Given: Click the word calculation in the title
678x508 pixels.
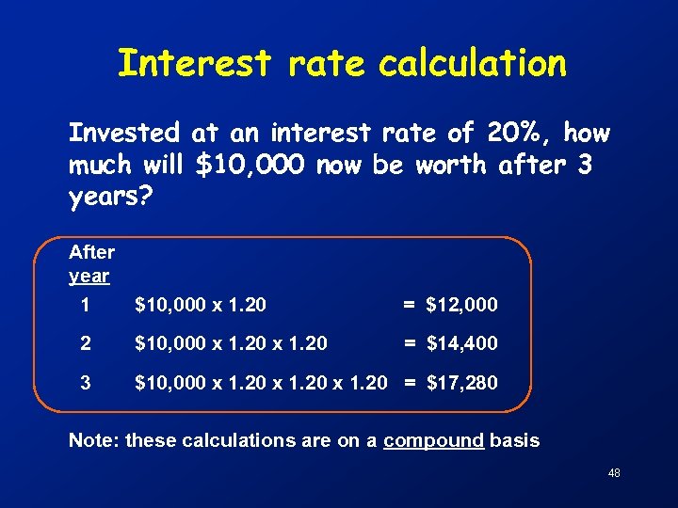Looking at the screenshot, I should (473, 64).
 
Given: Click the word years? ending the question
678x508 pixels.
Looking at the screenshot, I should (106, 197).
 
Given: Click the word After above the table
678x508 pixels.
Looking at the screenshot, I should (91, 252).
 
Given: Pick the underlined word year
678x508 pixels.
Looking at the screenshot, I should (89, 276).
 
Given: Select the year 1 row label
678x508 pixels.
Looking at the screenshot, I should (86, 305).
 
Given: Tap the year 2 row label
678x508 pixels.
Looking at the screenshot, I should (86, 343).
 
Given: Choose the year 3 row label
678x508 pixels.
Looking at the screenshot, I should (86, 383).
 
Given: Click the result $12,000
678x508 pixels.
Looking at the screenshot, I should (461, 305).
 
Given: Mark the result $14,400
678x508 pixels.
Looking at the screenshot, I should (461, 343).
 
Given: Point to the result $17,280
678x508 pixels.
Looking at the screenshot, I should (461, 383).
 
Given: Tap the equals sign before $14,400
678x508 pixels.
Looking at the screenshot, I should (410, 343).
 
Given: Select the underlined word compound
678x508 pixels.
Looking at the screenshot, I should (434, 440).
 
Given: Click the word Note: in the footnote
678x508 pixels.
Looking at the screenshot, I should (94, 440).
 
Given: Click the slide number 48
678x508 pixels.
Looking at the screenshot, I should (614, 472).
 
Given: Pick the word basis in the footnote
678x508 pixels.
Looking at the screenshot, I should (515, 440).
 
